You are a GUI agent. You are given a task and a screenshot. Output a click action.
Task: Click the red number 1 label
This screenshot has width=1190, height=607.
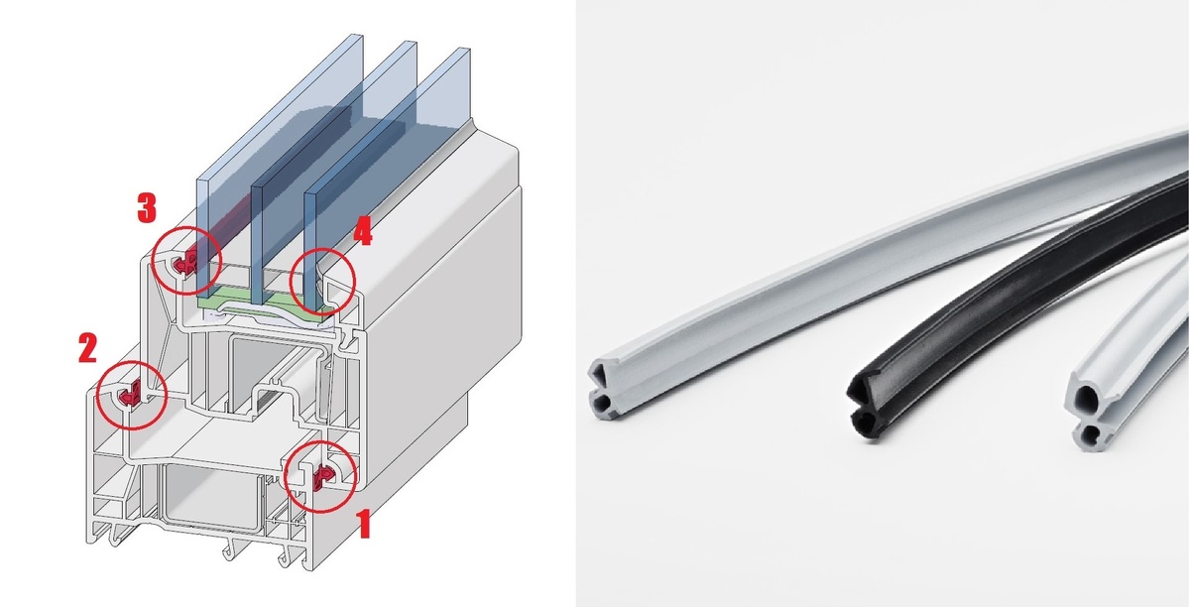(x=363, y=523)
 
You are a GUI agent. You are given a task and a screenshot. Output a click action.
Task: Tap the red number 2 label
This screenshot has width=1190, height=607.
(x=87, y=347)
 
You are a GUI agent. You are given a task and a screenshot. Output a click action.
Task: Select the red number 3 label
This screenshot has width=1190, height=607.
(x=147, y=207)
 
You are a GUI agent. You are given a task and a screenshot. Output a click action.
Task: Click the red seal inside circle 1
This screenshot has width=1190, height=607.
(x=323, y=477)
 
